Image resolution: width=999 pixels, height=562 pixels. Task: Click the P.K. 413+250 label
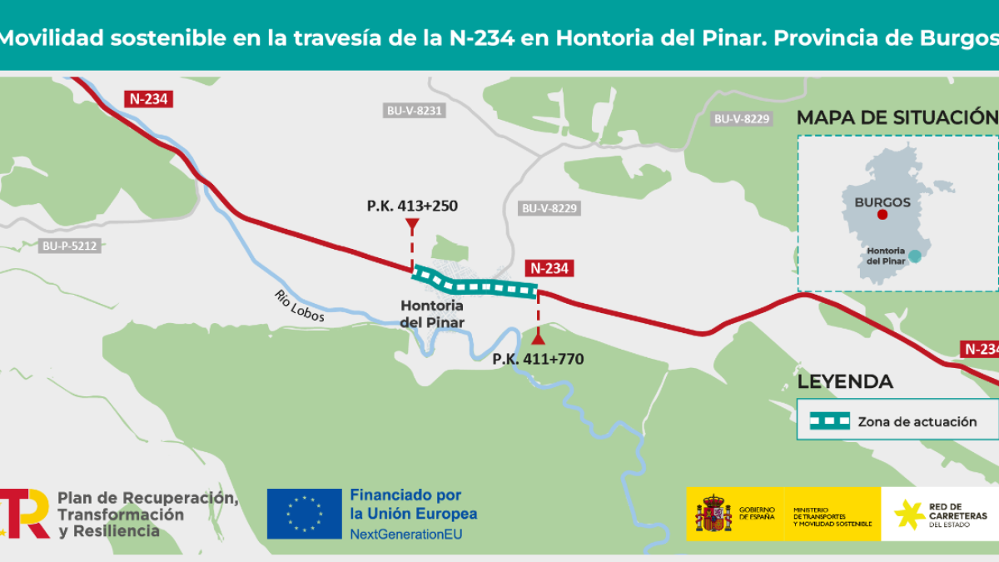(x=412, y=205)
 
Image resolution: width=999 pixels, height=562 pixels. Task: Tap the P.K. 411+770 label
(x=538, y=360)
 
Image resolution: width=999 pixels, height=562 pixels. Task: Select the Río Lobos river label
(x=299, y=306)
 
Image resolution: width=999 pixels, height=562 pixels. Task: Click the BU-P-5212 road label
(x=71, y=246)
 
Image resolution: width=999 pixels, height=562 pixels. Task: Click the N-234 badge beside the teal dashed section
(x=549, y=268)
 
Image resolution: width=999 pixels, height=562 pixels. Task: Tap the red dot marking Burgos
(x=882, y=215)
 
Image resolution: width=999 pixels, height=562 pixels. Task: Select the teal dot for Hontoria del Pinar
(x=915, y=256)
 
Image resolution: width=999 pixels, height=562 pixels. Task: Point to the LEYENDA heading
(x=845, y=382)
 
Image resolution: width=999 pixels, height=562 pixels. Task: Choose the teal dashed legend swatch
(x=829, y=421)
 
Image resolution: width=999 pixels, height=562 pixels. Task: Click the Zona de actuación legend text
(x=917, y=421)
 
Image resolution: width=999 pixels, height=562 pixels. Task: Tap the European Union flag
(x=304, y=514)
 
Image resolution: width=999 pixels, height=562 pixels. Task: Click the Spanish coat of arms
(x=713, y=514)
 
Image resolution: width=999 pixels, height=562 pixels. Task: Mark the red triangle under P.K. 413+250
(x=411, y=225)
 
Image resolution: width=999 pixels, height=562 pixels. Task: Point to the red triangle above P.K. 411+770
(x=538, y=338)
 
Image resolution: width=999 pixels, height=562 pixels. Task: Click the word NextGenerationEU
(x=405, y=533)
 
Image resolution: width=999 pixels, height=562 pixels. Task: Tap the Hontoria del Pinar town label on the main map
(x=431, y=314)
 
